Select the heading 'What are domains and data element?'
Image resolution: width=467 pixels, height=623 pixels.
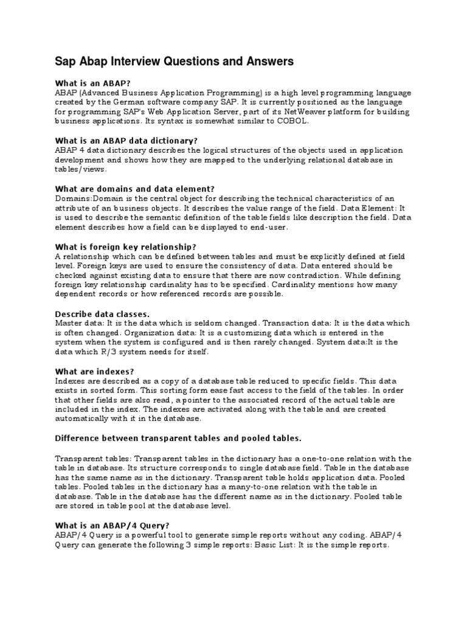point(135,189)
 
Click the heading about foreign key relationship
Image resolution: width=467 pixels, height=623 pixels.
point(126,246)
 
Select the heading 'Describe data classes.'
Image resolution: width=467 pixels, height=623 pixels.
point(102,313)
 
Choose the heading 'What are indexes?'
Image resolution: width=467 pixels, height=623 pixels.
point(94,371)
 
